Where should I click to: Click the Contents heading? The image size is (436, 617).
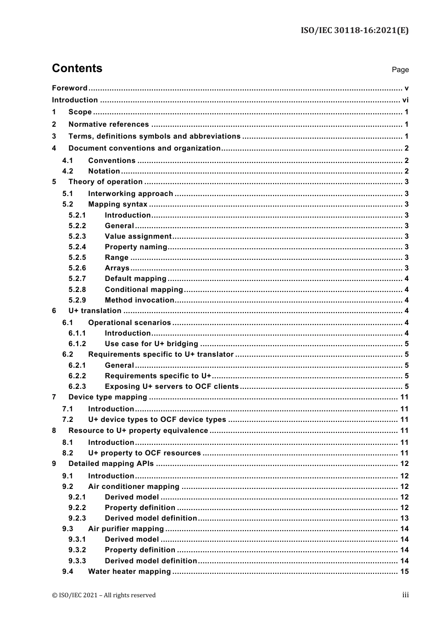[77, 68]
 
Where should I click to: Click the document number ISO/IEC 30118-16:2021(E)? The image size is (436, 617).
[354, 31]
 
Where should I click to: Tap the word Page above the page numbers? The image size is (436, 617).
[400, 70]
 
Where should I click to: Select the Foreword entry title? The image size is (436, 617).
[69, 88]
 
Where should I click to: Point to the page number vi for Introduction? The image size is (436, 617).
[405, 100]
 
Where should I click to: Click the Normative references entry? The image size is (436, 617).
[108, 124]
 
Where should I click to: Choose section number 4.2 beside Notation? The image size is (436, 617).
[68, 171]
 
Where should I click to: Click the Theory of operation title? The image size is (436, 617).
[105, 182]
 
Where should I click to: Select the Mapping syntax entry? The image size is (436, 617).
[117, 204]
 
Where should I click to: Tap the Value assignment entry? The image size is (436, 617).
[138, 236]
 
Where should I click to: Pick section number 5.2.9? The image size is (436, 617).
[77, 300]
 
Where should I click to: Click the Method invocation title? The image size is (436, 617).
[140, 300]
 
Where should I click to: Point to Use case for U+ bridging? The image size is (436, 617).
[151, 344]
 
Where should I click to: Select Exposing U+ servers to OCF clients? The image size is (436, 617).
[172, 387]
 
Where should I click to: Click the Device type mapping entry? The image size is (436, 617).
[107, 397]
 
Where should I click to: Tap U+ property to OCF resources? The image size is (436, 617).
[144, 453]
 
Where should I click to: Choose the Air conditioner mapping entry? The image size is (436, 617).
[134, 487]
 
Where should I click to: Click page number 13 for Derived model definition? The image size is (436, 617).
[404, 518]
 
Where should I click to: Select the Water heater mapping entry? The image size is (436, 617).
[129, 572]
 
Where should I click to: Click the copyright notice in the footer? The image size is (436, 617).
[104, 595]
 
